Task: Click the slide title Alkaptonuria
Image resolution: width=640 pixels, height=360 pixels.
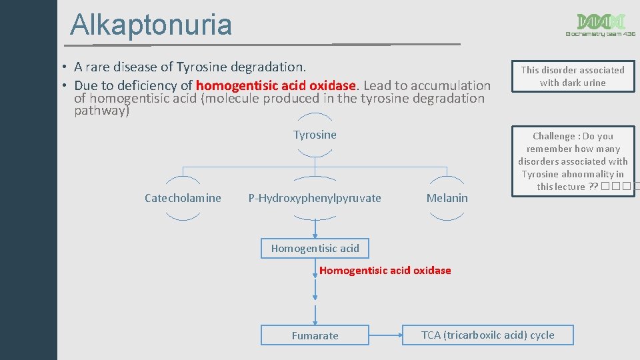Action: click(x=151, y=25)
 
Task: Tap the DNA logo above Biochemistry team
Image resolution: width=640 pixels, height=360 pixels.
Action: click(x=601, y=21)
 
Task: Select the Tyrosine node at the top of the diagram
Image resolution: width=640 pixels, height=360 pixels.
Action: click(x=315, y=135)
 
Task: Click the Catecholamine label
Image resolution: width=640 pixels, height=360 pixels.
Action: click(x=183, y=198)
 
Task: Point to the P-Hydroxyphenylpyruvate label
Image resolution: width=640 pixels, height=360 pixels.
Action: click(x=315, y=198)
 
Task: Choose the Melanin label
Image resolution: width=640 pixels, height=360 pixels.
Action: click(x=447, y=198)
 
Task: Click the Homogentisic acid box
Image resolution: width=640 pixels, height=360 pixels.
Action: click(x=315, y=249)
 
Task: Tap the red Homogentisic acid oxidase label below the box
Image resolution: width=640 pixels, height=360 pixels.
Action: click(x=385, y=270)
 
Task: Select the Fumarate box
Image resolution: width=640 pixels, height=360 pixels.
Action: click(x=315, y=335)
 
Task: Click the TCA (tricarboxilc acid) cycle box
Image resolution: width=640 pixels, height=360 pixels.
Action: click(x=487, y=335)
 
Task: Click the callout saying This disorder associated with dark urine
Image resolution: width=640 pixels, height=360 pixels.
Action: click(x=573, y=76)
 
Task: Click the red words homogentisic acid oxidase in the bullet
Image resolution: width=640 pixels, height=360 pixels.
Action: click(x=277, y=85)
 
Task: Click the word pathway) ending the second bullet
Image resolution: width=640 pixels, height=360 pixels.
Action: click(x=101, y=111)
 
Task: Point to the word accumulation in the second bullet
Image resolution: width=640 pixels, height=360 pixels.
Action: click(x=451, y=85)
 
